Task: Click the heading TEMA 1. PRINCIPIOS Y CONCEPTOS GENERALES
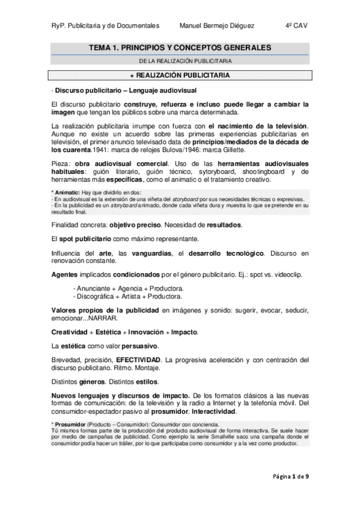click(x=180, y=47)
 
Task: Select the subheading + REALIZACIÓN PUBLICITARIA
click(x=180, y=75)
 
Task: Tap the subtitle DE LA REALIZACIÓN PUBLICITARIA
click(x=180, y=61)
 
